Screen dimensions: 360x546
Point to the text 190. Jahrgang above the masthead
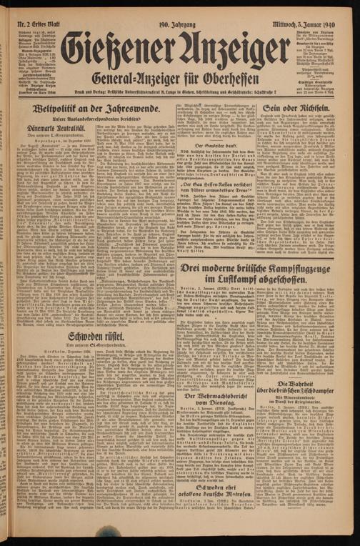tap(173, 10)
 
